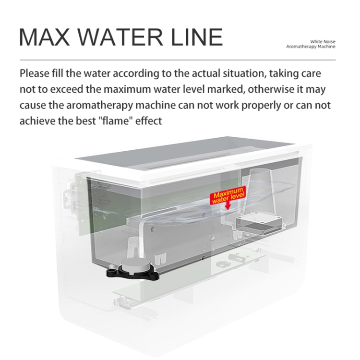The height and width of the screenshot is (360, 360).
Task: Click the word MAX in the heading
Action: pos(45,37)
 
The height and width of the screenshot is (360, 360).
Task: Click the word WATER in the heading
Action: pos(122,37)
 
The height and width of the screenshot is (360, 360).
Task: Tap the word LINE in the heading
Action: pos(197,37)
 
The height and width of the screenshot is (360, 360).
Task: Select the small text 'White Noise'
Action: pos(323,42)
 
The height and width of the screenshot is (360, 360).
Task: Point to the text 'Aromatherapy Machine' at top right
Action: pos(311,47)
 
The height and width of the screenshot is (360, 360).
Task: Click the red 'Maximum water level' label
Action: pos(228,195)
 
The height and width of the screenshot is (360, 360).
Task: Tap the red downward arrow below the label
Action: pos(228,205)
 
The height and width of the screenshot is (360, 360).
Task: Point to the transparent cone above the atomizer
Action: pos(261,191)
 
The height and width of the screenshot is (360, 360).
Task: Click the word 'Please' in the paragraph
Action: pos(35,74)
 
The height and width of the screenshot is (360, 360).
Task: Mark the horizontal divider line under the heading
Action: pos(178,60)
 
